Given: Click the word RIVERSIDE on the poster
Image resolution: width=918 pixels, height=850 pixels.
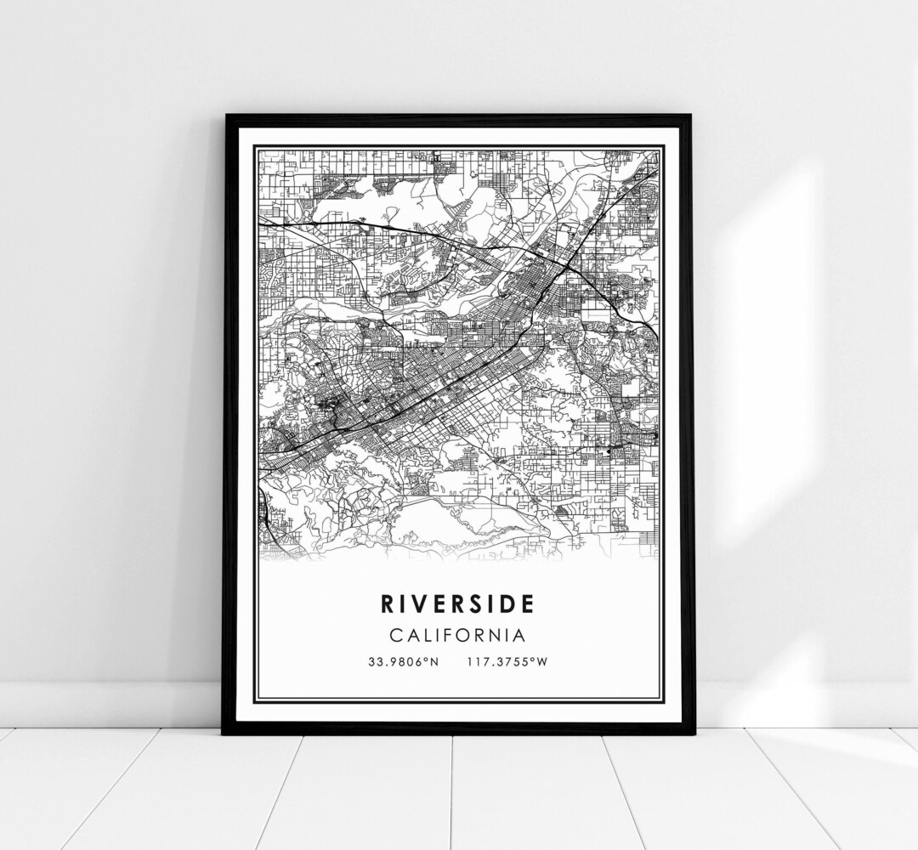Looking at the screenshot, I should pyautogui.click(x=457, y=604).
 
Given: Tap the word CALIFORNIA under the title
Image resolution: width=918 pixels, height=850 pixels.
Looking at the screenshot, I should pyautogui.click(x=457, y=635).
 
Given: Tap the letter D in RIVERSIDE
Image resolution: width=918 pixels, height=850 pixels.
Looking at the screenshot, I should pyautogui.click(x=510, y=604).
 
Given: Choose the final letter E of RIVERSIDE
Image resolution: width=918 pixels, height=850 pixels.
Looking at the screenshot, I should pyautogui.click(x=529, y=604).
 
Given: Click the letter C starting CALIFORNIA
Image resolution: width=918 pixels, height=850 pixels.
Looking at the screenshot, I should pyautogui.click(x=395, y=635).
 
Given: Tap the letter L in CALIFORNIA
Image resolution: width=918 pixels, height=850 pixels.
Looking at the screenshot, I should pyautogui.click(x=427, y=635).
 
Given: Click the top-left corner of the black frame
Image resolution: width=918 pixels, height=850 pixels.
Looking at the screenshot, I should pyautogui.click(x=225, y=116).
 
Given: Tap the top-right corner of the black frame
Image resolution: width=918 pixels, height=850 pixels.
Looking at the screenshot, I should pyautogui.click(x=690, y=116).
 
